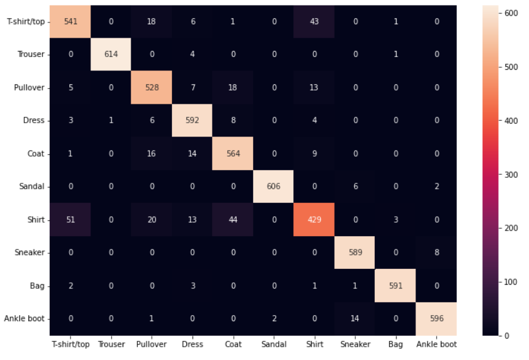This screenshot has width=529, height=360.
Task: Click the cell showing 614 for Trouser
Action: click(x=111, y=54)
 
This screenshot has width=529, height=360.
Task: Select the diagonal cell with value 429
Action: click(x=314, y=219)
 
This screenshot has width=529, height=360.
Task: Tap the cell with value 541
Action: click(x=70, y=21)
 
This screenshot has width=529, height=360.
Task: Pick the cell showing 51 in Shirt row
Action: click(x=70, y=219)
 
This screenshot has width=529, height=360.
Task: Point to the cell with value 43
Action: click(x=314, y=21)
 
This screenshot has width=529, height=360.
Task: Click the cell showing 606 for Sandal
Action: click(x=273, y=186)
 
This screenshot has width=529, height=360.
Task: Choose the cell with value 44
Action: click(x=233, y=219)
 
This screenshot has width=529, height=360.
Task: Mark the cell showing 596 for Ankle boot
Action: click(x=436, y=318)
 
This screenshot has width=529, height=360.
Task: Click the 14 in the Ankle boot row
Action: click(x=355, y=318)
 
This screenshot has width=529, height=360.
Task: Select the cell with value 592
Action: click(x=192, y=120)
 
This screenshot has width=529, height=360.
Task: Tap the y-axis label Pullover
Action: click(x=29, y=87)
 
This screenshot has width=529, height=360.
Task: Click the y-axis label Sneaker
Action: click(x=29, y=252)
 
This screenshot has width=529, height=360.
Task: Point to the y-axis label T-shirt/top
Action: click(x=25, y=21)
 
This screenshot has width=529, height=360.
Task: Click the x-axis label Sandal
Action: click(x=273, y=344)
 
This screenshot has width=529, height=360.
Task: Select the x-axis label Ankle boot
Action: click(x=436, y=344)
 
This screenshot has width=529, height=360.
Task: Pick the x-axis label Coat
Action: click(x=233, y=344)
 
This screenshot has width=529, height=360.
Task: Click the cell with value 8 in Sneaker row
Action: click(x=436, y=252)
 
